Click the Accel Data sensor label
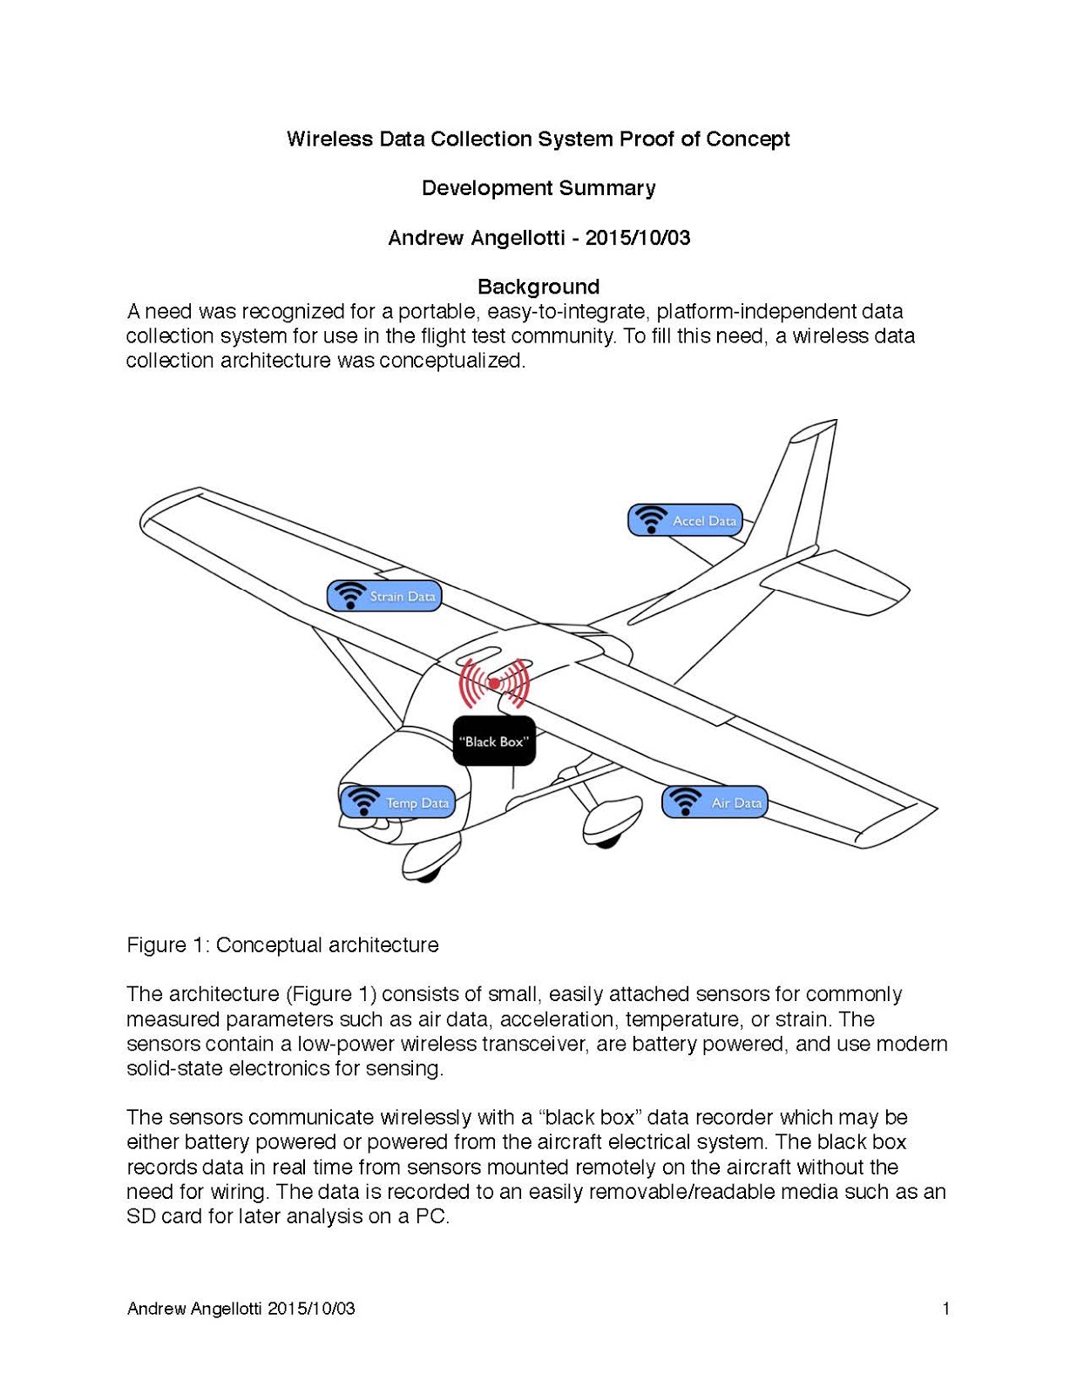click(685, 520)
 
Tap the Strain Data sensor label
click(384, 596)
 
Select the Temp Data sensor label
click(397, 802)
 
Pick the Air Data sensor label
click(715, 802)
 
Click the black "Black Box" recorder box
click(494, 741)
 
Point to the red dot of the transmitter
click(494, 684)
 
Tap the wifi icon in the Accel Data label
click(650, 519)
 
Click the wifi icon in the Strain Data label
click(350, 595)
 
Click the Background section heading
click(538, 287)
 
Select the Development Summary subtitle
click(538, 188)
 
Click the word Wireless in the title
click(329, 139)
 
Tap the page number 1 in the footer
click(945, 1308)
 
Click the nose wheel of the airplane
click(423, 866)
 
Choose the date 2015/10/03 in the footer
click(311, 1308)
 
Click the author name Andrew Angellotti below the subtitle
click(476, 238)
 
